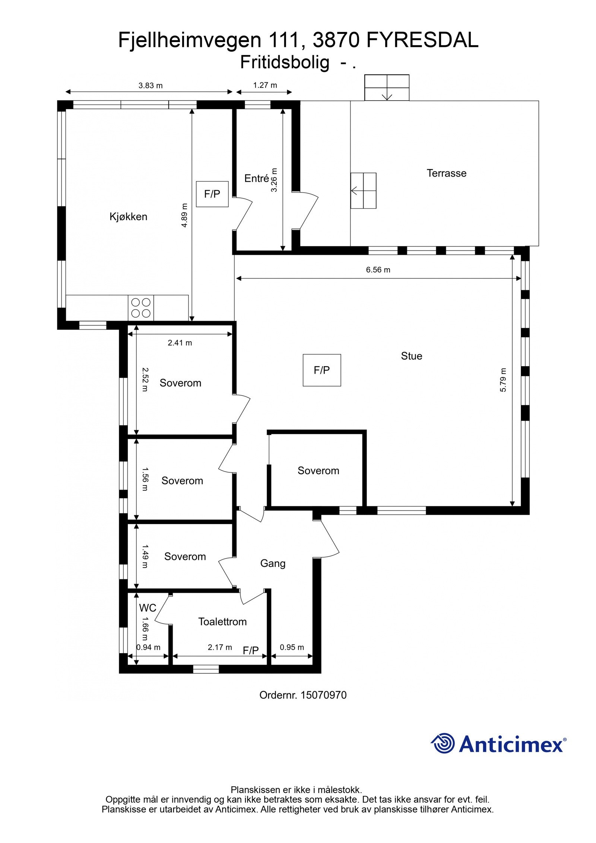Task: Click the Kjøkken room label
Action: pos(128,216)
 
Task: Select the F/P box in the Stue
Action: pos(321,370)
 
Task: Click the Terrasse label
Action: pos(446,173)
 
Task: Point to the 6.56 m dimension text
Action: pos(378,270)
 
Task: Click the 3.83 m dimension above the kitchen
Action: pos(150,85)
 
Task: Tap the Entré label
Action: pos(256,178)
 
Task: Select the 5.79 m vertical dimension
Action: pos(503,380)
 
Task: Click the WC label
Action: pos(148,608)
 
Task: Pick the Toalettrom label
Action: pos(222,621)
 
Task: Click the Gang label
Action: pos(273,563)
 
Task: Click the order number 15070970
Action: pos(323,695)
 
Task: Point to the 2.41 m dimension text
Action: pos(180,343)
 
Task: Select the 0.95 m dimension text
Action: pos(292,647)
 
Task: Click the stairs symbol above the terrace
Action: pos(387,88)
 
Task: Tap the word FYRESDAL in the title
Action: pos(422,40)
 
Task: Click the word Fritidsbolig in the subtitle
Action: pos(285,62)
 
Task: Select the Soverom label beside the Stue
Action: pos(318,470)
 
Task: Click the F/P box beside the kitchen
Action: pos(212,194)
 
